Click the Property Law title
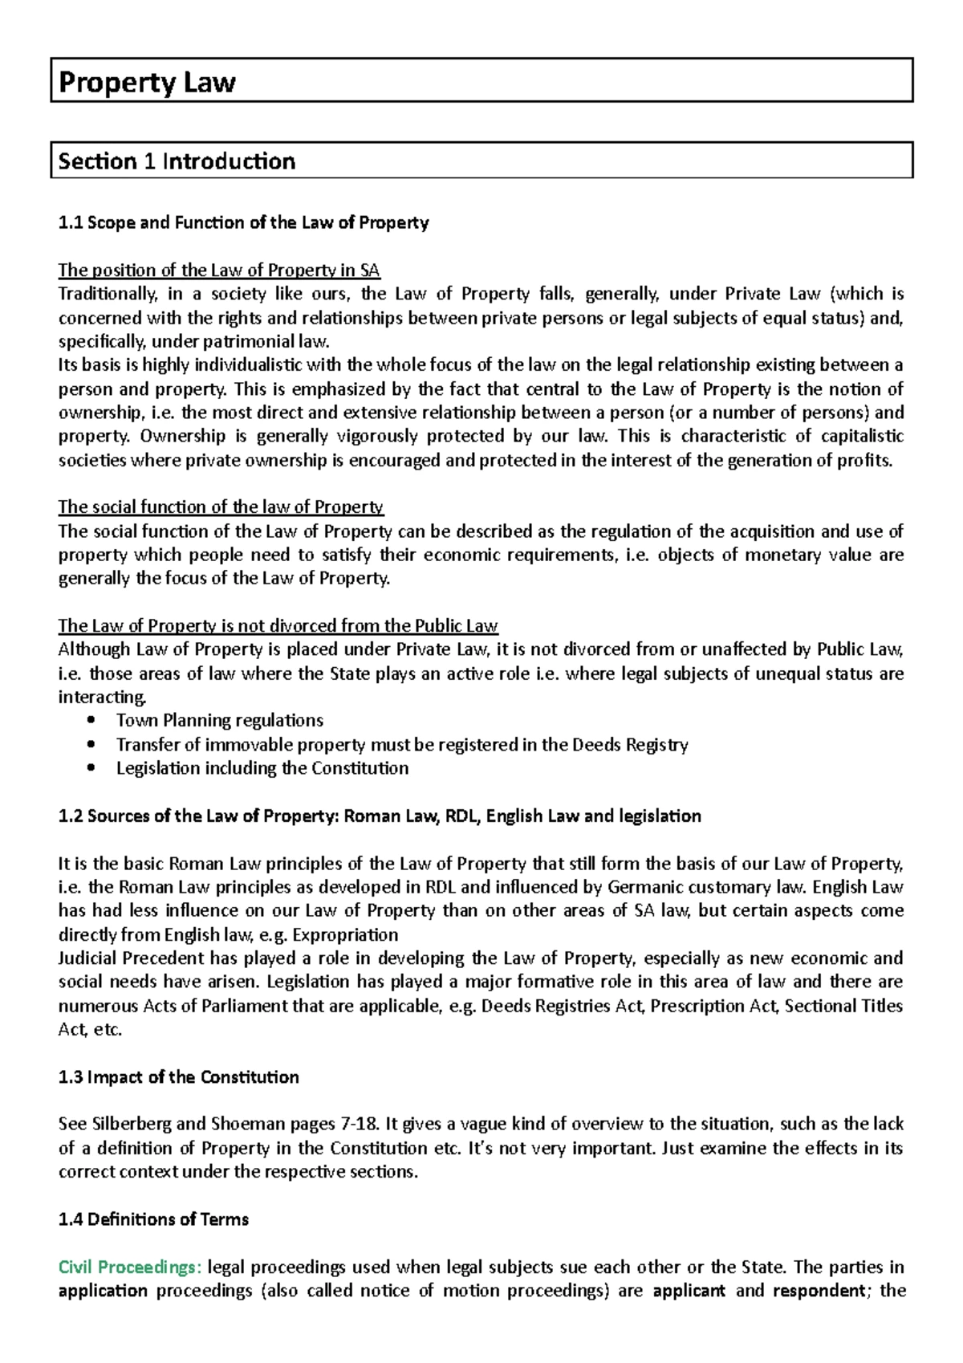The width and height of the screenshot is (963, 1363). (x=147, y=82)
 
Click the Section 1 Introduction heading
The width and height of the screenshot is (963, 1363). (x=177, y=161)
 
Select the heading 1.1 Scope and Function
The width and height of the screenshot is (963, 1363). (x=243, y=222)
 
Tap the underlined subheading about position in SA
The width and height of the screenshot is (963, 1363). (x=218, y=270)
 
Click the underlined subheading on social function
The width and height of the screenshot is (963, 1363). (x=221, y=507)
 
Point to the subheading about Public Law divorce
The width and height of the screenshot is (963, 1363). (x=278, y=625)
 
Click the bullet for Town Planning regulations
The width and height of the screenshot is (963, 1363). (x=219, y=720)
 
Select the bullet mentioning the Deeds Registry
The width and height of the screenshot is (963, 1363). (x=401, y=744)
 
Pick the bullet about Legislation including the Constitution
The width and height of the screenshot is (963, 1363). (x=262, y=768)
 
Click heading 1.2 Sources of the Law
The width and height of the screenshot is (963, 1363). (x=380, y=816)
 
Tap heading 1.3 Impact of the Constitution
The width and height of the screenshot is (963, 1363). (x=178, y=1077)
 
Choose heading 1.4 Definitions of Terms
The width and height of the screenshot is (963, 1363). (x=153, y=1219)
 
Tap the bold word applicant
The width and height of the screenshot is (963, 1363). (x=689, y=1291)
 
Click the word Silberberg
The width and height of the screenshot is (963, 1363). (x=130, y=1124)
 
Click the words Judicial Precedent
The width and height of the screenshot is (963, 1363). (x=131, y=958)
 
